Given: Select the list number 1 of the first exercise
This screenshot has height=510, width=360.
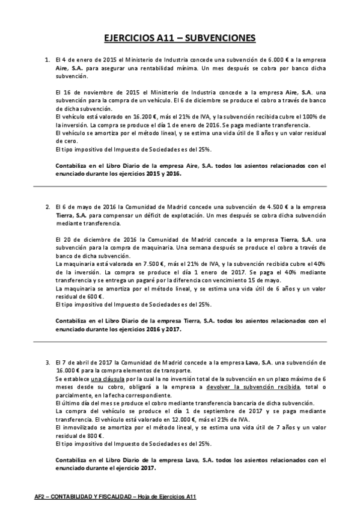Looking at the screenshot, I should (x=47, y=60).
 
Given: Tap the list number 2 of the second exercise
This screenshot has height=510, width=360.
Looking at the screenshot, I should (x=47, y=206).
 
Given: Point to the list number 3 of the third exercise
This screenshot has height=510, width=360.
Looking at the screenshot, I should (x=47, y=363).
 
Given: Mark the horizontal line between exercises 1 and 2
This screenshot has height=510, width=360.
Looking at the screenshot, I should (x=180, y=186).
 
